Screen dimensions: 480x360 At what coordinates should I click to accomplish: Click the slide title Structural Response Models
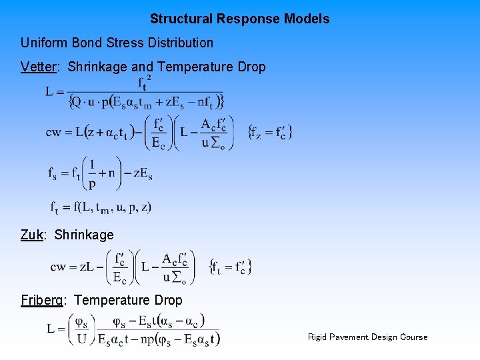(x=239, y=19)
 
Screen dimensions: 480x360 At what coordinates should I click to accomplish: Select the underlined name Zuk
(x=32, y=235)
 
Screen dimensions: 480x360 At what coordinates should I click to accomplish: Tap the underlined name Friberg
(x=42, y=300)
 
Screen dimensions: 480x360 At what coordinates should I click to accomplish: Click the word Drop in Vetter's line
(x=251, y=67)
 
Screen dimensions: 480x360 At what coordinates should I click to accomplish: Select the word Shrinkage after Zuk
(x=84, y=235)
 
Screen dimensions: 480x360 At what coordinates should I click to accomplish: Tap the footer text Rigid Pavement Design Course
(x=367, y=337)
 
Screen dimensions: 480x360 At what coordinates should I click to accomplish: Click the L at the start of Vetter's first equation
(x=51, y=92)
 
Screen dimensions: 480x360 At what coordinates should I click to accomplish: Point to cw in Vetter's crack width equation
(x=54, y=132)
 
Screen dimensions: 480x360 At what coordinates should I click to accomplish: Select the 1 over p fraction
(x=91, y=173)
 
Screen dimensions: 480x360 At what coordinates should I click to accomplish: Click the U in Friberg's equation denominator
(x=81, y=338)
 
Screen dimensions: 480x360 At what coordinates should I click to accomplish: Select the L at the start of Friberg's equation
(x=51, y=329)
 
